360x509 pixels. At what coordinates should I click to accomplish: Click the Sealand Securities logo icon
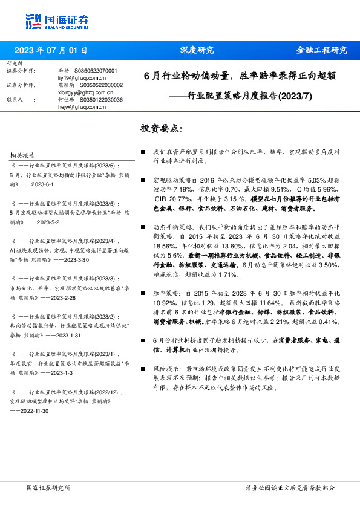pos(34,22)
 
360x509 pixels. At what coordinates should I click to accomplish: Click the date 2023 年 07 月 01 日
pos(50,50)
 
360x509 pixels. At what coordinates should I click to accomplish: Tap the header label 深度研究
pos(197,50)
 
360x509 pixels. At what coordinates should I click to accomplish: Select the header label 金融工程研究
pos(321,50)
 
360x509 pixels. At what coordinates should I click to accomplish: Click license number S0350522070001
pos(96,71)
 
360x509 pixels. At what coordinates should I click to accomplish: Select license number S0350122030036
pos(101,100)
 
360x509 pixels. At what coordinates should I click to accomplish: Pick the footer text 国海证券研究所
pos(48,488)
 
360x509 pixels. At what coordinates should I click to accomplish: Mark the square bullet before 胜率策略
pos(143,292)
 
